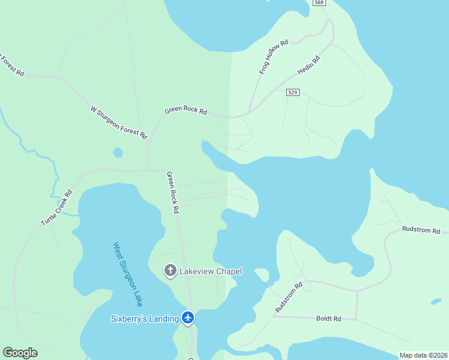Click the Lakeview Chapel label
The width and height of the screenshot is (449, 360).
pyautogui.click(x=212, y=271)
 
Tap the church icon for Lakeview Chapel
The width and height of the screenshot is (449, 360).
pyautogui.click(x=170, y=271)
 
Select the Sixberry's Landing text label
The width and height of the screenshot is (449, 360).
pyautogui.click(x=145, y=319)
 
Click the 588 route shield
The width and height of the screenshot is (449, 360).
pyautogui.click(x=319, y=3)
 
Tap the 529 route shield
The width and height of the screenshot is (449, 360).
pyautogui.click(x=293, y=92)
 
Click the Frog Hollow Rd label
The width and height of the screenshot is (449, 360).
pyautogui.click(x=274, y=57)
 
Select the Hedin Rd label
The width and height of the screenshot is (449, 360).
pyautogui.click(x=309, y=65)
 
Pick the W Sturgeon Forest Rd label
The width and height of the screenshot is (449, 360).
pyautogui.click(x=118, y=122)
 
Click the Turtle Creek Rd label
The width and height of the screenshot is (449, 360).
pyautogui.click(x=56, y=208)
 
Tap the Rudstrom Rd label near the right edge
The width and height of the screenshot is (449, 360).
pyautogui.click(x=421, y=230)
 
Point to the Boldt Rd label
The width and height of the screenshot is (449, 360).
pyautogui.click(x=328, y=319)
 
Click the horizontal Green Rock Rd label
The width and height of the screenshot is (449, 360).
pyautogui.click(x=186, y=111)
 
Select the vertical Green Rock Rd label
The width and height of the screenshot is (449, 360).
pyautogui.click(x=173, y=193)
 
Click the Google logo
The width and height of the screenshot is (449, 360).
pyautogui.click(x=20, y=353)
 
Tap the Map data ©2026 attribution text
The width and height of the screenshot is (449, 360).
pyautogui.click(x=424, y=355)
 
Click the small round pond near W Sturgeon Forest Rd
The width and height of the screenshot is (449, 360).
pyautogui.click(x=118, y=152)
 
